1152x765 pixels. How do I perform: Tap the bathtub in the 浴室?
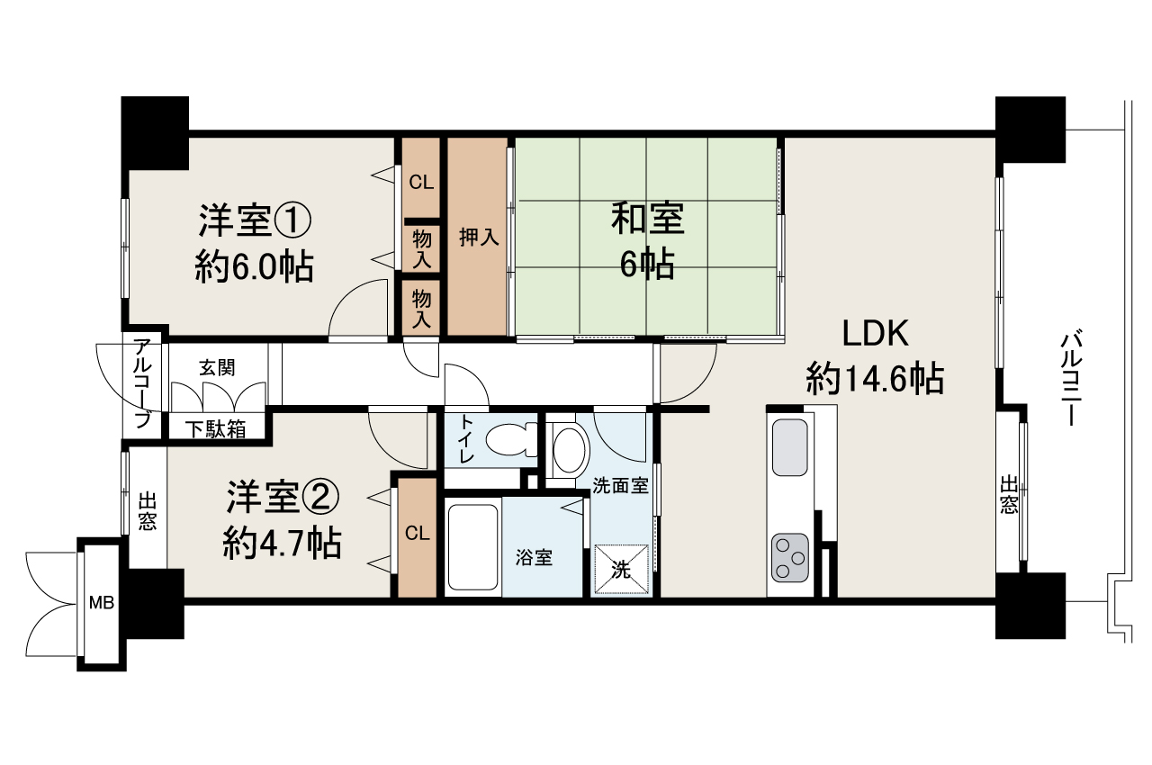click(x=473, y=547)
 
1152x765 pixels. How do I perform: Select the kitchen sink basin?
click(x=790, y=447)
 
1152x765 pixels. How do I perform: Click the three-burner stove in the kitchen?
click(x=790, y=558)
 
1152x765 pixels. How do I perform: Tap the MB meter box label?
click(x=102, y=602)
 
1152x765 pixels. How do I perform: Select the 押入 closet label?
click(x=479, y=237)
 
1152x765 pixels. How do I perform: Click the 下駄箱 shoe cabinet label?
click(x=216, y=428)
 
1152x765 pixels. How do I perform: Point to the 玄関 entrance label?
click(x=217, y=367)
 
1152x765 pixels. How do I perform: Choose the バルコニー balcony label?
click(x=1071, y=380)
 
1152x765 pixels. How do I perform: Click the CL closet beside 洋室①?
click(x=421, y=182)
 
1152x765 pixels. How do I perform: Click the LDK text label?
click(x=876, y=333)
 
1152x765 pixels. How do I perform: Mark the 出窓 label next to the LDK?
click(x=1009, y=495)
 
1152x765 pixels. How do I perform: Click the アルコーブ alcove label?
click(x=142, y=383)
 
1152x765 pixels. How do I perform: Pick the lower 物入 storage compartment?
click(x=421, y=308)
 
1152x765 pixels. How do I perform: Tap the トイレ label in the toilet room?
click(x=467, y=439)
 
